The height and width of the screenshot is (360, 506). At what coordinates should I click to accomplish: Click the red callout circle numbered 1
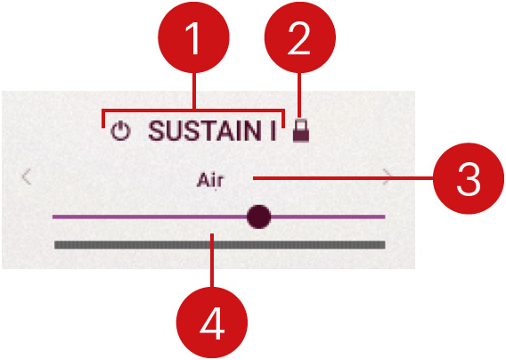[x=193, y=37]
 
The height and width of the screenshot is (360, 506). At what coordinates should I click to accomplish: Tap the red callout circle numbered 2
[x=300, y=37]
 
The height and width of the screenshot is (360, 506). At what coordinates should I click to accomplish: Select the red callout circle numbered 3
[x=469, y=178]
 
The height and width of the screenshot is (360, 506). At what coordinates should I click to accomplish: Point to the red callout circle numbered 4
[x=212, y=323]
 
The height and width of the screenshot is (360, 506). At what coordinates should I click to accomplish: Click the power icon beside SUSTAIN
[x=120, y=131]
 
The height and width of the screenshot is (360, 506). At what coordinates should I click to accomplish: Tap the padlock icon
[x=301, y=130]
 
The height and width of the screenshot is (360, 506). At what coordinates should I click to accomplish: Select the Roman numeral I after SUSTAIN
[x=273, y=131]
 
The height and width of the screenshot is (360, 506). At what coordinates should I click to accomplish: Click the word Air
[x=209, y=180]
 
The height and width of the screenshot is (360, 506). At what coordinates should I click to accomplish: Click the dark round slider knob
[x=259, y=217]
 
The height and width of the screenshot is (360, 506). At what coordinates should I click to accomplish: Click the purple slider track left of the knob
[x=150, y=217]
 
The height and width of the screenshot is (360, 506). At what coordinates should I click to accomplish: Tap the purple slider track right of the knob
[x=328, y=217]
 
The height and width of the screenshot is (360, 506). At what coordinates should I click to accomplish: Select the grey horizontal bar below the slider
[x=220, y=245]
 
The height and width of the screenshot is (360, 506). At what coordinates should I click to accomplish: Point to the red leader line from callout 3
[x=343, y=178]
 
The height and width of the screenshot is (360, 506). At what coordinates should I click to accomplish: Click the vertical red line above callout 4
[x=212, y=260]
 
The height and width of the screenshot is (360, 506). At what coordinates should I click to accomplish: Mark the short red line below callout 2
[x=300, y=95]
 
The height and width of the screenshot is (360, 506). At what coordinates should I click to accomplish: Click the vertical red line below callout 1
[x=194, y=91]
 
